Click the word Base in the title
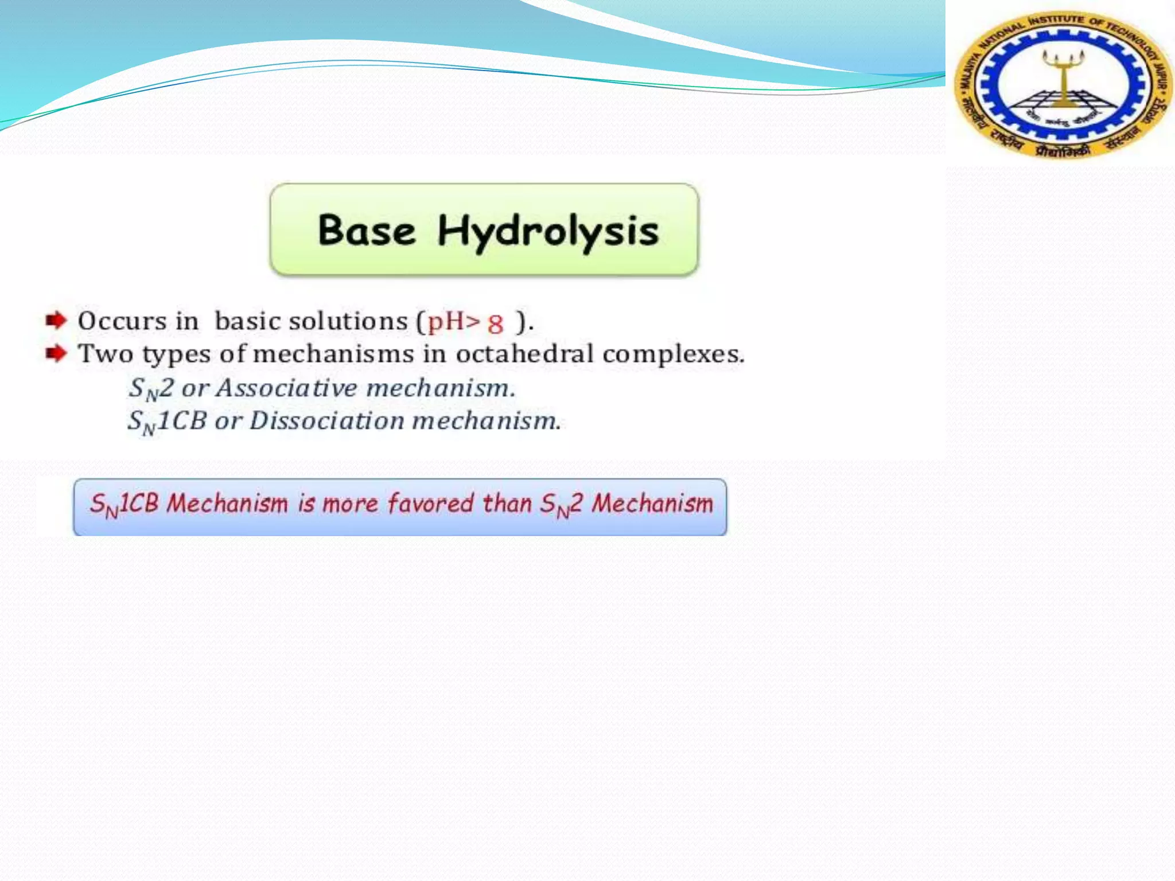pyautogui.click(x=366, y=231)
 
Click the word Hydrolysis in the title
pyautogui.click(x=548, y=232)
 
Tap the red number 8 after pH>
pyautogui.click(x=495, y=325)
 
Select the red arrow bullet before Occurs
pyautogui.click(x=56, y=320)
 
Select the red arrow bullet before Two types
pyautogui.click(x=56, y=353)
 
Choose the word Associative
pyautogui.click(x=287, y=388)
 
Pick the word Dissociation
pyautogui.click(x=327, y=421)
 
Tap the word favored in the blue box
pyautogui.click(x=430, y=504)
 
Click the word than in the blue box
pyautogui.click(x=507, y=504)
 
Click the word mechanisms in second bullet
pyautogui.click(x=333, y=354)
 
